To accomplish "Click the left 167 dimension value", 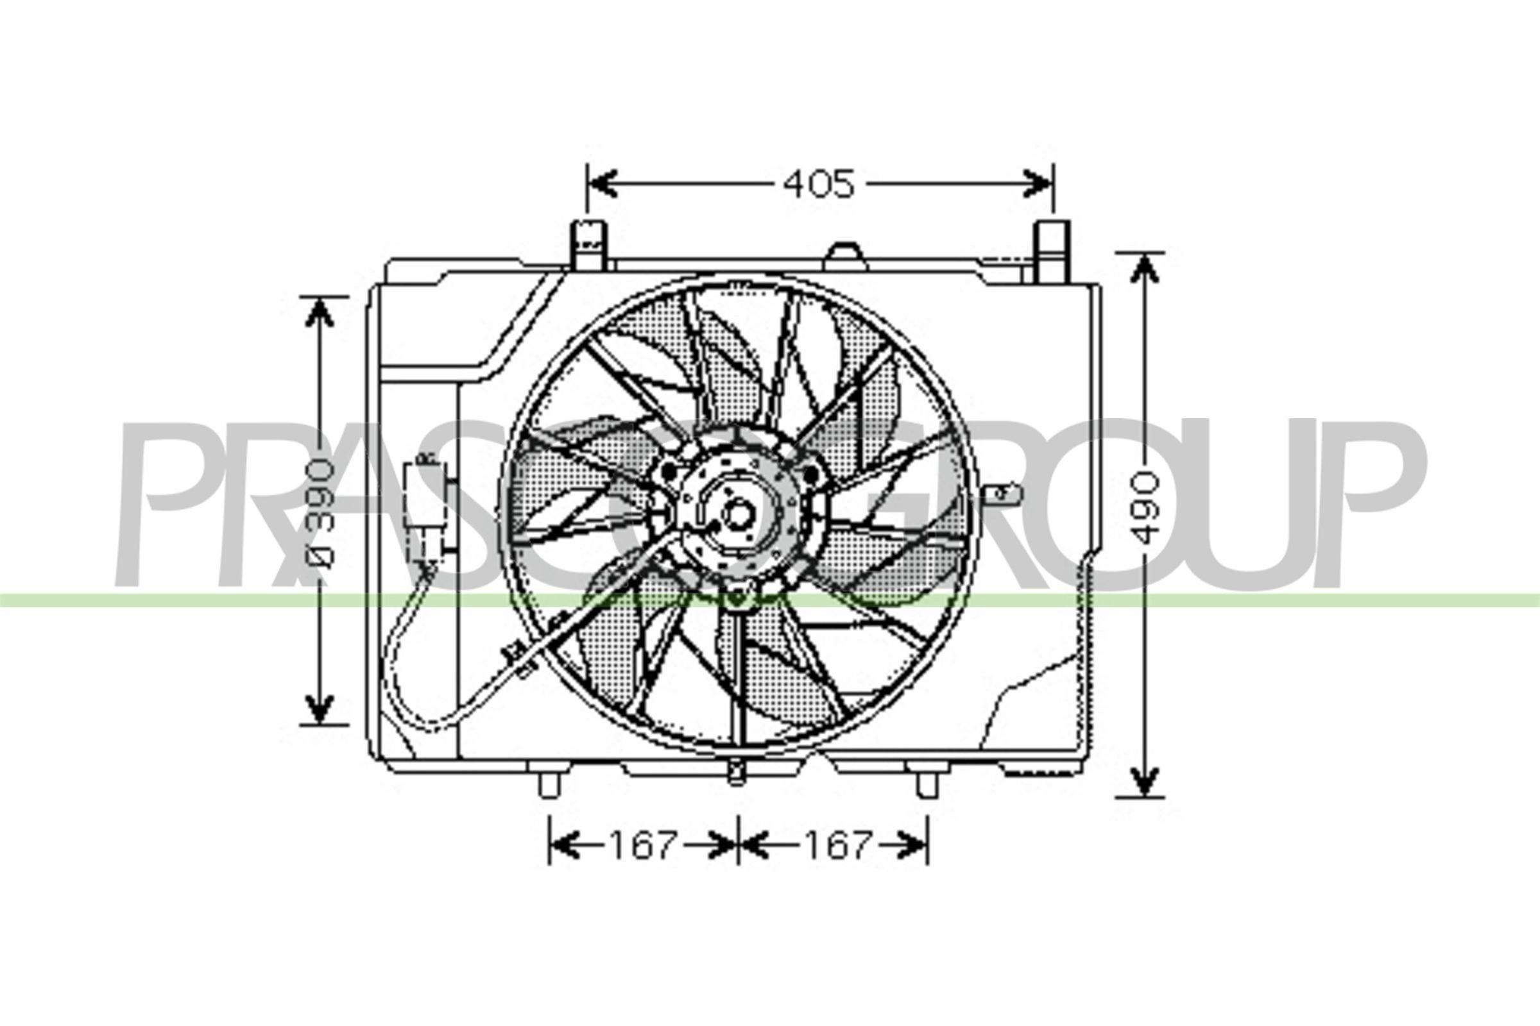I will [642, 845].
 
